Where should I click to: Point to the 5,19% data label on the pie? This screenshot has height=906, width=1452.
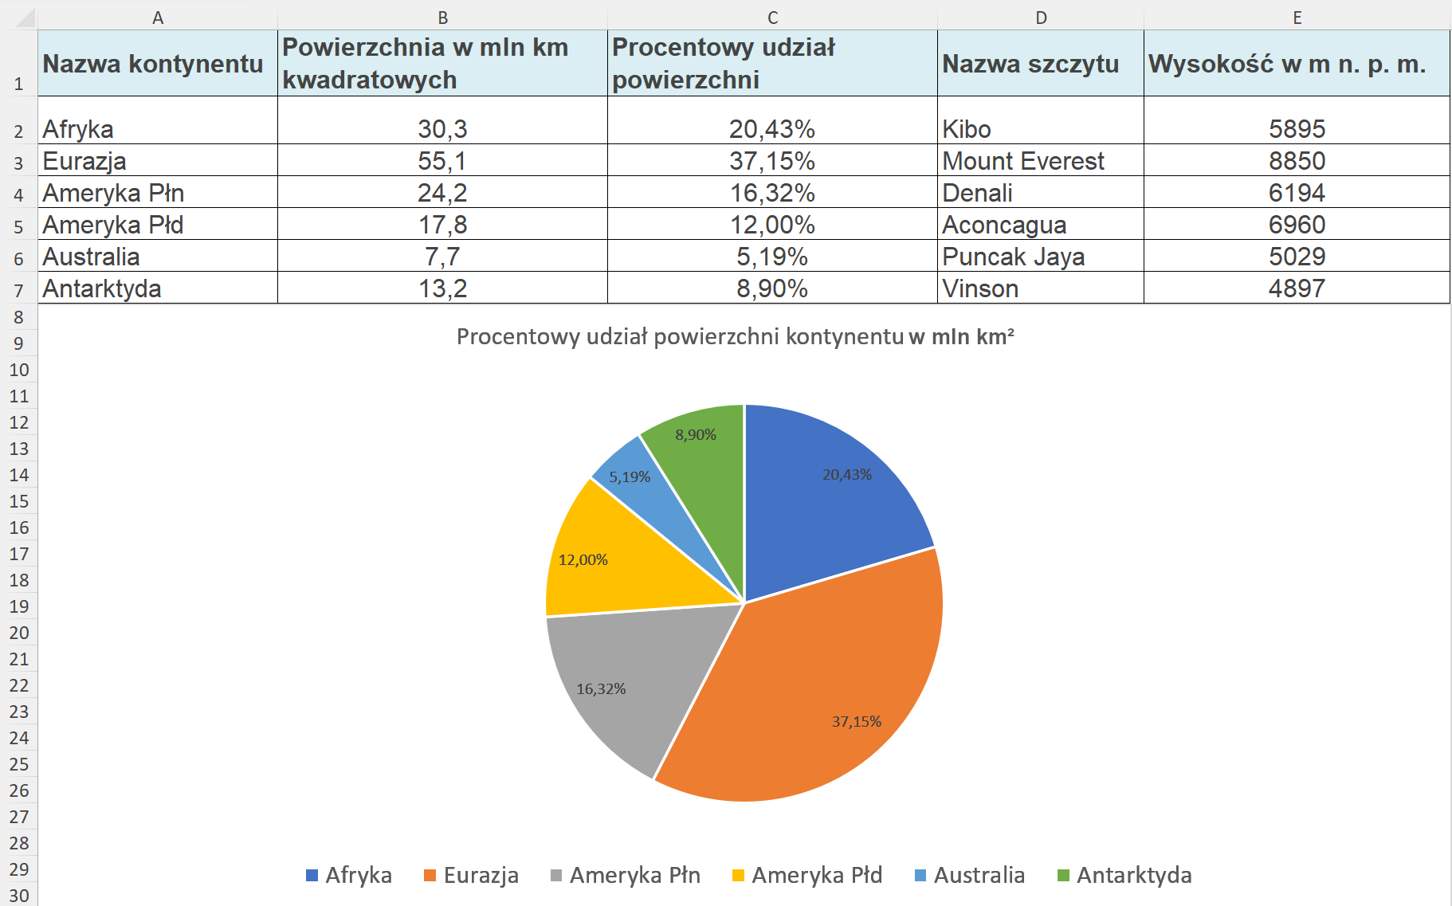tap(630, 477)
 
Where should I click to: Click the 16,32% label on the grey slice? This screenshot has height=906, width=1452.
tap(601, 689)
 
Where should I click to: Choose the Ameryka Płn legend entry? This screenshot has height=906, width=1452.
tap(626, 875)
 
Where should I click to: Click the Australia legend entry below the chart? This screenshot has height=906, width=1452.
tap(970, 875)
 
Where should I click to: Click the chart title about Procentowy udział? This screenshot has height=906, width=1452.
tap(735, 337)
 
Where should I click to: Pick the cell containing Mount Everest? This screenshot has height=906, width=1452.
tap(1023, 161)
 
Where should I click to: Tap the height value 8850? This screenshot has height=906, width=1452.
tap(1297, 161)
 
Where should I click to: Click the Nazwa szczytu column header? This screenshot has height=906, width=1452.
tap(1030, 64)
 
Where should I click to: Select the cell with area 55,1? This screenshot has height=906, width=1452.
tap(442, 161)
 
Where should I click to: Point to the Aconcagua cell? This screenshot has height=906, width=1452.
tap(1004, 225)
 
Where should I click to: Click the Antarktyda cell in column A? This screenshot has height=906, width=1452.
tap(102, 288)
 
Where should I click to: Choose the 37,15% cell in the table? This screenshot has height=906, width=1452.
tap(771, 161)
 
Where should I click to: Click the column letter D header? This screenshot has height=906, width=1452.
tap(1041, 18)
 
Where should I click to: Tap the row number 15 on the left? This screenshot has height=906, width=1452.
tap(19, 501)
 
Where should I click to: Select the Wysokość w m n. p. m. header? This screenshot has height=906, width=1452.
tap(1287, 64)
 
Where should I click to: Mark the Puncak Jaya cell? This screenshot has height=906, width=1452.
tap(1013, 257)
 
